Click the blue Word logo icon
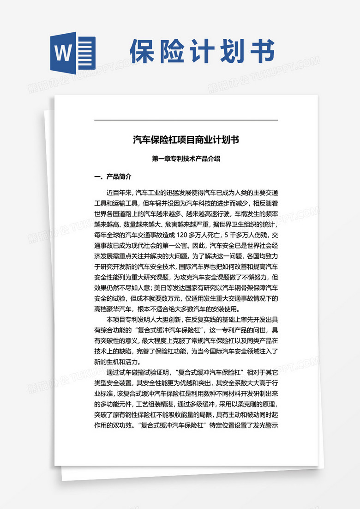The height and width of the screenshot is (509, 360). coord(72,51)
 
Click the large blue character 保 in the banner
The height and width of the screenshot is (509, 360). coord(146,51)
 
